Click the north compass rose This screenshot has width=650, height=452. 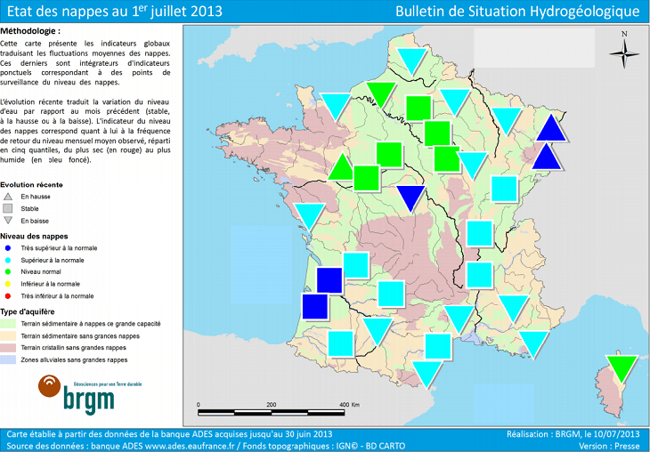(x=624, y=51)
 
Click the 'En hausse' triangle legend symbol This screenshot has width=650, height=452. (x=7, y=196)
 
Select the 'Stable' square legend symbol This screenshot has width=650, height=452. (x=7, y=207)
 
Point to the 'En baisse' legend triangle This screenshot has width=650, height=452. (x=7, y=220)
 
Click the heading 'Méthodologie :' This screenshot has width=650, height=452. (x=32, y=31)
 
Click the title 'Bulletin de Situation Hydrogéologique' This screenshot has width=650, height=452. (x=519, y=12)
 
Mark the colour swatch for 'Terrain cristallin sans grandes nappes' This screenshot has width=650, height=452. (x=9, y=348)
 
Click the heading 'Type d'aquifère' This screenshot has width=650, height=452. (x=28, y=311)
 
